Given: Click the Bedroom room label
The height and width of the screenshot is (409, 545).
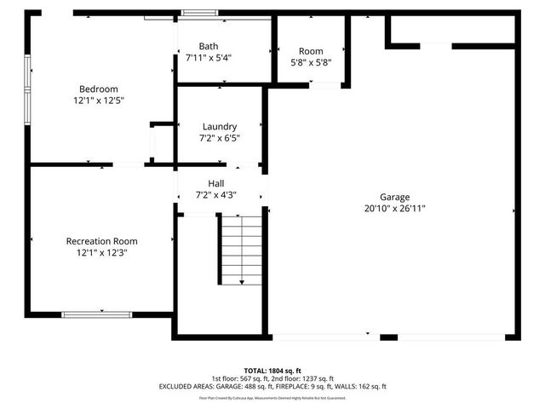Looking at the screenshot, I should tap(99, 89).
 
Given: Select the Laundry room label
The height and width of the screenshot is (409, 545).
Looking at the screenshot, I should tap(219, 126).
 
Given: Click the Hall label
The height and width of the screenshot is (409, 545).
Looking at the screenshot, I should tap(216, 183).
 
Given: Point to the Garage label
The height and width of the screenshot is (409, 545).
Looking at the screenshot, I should tap(394, 197).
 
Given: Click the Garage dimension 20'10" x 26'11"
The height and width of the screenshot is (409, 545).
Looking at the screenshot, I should tap(394, 208).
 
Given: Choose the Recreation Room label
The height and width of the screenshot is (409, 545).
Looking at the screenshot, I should tap(101, 241).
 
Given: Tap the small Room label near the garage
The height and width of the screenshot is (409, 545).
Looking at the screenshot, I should tap(312, 50).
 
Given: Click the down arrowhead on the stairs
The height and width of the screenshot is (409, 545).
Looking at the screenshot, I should tap(242, 281).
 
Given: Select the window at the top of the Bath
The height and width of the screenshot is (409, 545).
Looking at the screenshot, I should tap(200, 13).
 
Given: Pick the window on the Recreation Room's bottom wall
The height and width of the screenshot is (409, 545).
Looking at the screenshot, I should tap(96, 314).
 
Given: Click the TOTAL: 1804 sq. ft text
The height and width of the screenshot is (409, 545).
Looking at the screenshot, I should tap(272, 371).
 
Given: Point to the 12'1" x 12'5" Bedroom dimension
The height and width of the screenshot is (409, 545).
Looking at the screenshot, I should tap(99, 101).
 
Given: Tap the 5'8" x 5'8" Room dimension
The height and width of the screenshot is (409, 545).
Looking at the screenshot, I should tap(312, 61).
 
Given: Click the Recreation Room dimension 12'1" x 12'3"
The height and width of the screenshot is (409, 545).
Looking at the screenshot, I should tap(101, 252).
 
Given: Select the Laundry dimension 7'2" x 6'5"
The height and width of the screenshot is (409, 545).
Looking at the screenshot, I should tap(219, 137).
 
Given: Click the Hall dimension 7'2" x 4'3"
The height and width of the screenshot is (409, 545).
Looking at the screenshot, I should tap(216, 194).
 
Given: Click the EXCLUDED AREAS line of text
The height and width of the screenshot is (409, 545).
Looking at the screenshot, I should tap(272, 386).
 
